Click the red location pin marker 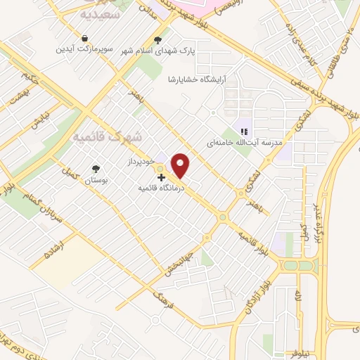181,165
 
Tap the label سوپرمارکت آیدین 85,50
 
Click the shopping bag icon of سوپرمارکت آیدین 85,39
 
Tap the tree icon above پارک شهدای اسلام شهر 157,41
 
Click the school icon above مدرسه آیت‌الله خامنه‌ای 244,131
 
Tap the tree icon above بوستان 96,169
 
